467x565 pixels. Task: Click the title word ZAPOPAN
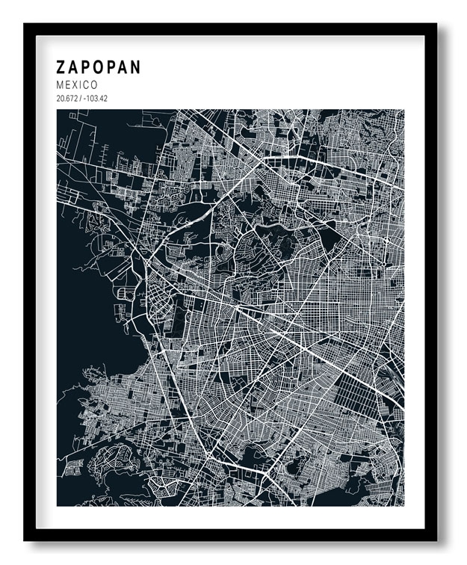99,67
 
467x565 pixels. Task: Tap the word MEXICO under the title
77,85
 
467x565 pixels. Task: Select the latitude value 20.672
67,99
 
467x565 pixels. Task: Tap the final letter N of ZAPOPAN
134,67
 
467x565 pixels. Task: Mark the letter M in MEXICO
61,85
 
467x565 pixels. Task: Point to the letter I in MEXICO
81,85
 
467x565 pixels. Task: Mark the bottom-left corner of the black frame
25,540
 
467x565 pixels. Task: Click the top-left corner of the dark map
58,111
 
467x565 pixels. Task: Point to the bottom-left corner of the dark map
58,506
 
